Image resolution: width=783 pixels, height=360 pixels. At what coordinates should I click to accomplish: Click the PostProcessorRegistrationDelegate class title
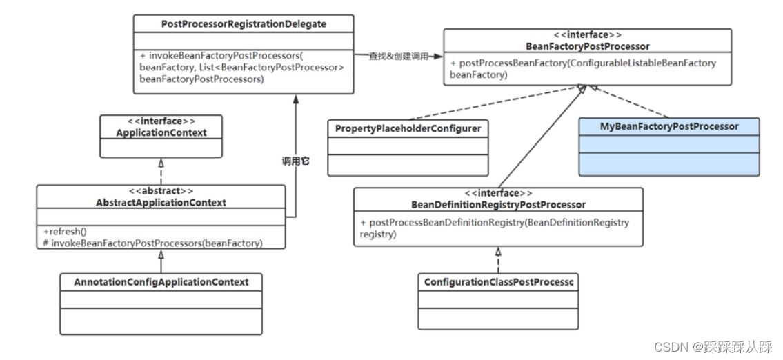tap(244, 24)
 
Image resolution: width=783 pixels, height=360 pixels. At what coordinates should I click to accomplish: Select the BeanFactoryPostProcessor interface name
tap(588, 46)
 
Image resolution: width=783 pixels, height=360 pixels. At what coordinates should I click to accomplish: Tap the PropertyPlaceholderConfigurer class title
tap(408, 128)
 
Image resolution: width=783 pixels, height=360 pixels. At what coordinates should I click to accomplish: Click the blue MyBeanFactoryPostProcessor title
tap(669, 126)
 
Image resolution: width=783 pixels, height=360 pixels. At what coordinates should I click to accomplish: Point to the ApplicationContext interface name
tap(161, 133)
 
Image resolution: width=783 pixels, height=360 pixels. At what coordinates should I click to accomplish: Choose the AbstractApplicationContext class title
tap(161, 202)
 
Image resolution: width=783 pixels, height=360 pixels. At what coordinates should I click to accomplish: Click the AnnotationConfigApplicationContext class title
tap(161, 281)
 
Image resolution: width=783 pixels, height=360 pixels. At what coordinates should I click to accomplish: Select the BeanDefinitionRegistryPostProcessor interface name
tap(498, 204)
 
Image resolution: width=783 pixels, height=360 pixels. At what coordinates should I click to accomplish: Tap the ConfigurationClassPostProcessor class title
tap(499, 281)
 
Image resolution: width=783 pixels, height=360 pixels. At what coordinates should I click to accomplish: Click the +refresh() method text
tap(65, 232)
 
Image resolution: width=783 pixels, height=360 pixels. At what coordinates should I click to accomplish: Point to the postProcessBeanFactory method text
tap(583, 69)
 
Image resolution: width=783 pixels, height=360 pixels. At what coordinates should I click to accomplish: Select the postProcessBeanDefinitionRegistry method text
tap(495, 228)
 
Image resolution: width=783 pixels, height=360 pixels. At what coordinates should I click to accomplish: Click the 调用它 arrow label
tap(296, 161)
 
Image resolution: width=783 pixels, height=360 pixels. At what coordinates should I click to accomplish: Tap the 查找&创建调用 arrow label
tap(399, 57)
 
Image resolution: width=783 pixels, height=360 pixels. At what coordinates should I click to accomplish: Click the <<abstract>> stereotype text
tap(161, 191)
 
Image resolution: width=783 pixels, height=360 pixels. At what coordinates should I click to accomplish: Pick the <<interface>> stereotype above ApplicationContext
tap(161, 122)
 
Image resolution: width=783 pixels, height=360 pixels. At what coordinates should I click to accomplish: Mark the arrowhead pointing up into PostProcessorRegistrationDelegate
tap(296, 99)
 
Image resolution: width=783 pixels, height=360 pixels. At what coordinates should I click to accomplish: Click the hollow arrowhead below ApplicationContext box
tap(161, 163)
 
